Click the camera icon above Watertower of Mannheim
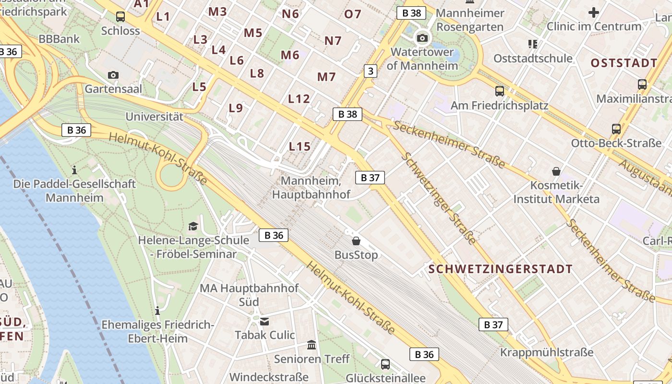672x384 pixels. (x=422, y=38)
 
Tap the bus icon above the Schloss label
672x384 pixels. (x=120, y=17)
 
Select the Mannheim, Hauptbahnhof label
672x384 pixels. (x=311, y=188)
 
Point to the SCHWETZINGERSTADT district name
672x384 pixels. (x=501, y=269)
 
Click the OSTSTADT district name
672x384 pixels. (x=624, y=63)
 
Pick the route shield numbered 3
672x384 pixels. (x=370, y=71)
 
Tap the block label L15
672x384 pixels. (x=300, y=146)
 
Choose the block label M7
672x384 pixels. (x=326, y=76)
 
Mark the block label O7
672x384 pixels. (x=353, y=14)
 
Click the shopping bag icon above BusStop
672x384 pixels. (x=356, y=241)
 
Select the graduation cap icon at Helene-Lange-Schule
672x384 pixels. (x=193, y=226)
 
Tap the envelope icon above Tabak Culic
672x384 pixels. (x=264, y=321)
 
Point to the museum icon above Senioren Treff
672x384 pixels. (x=312, y=345)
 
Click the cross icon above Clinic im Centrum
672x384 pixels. (x=594, y=12)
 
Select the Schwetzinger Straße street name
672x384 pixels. (x=439, y=198)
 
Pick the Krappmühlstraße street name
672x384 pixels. (x=547, y=352)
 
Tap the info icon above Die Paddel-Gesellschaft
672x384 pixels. (x=74, y=170)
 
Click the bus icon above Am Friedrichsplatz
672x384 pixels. (x=500, y=91)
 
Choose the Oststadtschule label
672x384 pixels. (x=533, y=59)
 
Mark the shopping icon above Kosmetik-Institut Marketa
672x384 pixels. (x=556, y=171)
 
